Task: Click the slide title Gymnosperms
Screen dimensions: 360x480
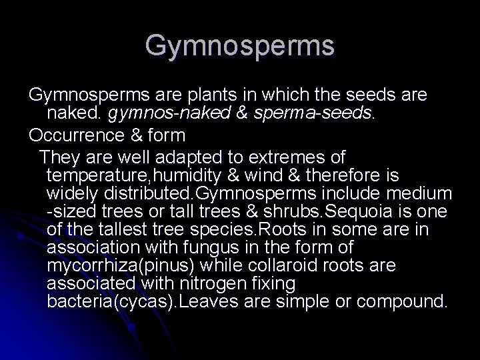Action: [240, 45]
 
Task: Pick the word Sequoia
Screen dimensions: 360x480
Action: [353, 212]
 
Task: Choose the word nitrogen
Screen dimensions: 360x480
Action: [201, 283]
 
